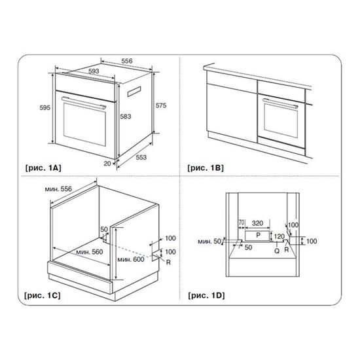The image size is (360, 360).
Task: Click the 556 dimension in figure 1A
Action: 127,61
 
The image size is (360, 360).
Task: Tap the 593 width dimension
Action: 94,71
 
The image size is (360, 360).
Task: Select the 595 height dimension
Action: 45,107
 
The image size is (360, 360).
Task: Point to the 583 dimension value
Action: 126,117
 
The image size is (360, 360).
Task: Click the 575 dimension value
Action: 161,105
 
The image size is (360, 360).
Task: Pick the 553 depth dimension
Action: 141,157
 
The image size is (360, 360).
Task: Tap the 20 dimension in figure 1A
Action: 107,164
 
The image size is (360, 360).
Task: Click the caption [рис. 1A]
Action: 43,168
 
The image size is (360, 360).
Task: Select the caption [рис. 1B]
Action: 206,168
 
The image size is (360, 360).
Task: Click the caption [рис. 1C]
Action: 43,295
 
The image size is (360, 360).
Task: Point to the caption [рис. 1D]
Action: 206,295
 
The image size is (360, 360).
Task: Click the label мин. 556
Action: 58,189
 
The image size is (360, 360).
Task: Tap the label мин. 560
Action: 90,252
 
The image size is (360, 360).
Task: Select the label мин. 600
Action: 131,259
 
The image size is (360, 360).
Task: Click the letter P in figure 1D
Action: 259,235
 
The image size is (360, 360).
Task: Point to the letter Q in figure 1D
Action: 277,251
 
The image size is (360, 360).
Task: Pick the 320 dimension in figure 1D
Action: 257,223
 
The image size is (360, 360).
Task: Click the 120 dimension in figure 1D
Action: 279,236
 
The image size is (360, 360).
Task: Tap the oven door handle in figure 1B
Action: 280,103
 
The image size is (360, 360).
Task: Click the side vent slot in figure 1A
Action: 134,92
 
